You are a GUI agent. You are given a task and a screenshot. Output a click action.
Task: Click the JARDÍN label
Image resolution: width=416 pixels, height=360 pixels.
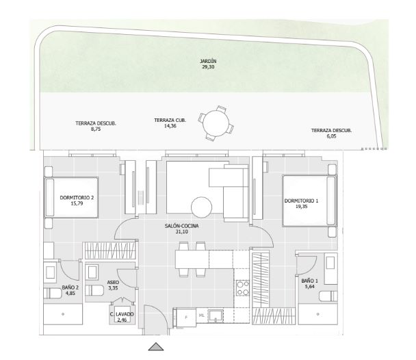(208, 62)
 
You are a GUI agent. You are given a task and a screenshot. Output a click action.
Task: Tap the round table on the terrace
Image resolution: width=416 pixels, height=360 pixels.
(216, 123)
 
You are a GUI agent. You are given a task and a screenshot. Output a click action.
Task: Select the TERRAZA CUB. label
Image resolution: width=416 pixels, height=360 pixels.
(170, 120)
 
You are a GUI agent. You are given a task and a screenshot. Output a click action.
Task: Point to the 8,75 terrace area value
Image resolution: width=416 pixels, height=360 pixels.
(96, 129)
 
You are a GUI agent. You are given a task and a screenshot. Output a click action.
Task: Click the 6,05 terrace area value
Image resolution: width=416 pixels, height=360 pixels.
(331, 136)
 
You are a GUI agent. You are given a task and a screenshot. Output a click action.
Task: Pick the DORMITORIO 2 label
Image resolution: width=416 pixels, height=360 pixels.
(77, 198)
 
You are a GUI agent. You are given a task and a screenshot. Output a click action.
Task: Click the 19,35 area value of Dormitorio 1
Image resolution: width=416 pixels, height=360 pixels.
(301, 207)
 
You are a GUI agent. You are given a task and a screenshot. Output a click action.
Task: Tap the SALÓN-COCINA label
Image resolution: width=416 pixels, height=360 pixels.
(182, 226)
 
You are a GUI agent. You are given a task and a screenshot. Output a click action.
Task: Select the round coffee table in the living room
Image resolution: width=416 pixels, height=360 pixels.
(202, 207)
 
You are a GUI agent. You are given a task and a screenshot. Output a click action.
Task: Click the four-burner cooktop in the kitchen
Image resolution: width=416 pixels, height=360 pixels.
(243, 288)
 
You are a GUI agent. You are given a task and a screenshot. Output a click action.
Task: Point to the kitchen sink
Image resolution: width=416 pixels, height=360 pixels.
(216, 316)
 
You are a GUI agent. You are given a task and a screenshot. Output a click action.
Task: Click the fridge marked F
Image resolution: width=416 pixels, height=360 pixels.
(185, 318)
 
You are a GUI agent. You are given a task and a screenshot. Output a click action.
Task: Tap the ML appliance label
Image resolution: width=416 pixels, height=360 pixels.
(202, 316)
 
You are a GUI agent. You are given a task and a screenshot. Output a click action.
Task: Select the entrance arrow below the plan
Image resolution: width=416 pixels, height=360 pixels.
(156, 346)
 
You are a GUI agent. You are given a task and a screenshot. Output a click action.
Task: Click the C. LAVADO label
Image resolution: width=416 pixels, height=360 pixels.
(122, 314)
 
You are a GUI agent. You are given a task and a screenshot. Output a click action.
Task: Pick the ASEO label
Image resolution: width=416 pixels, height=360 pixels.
(113, 282)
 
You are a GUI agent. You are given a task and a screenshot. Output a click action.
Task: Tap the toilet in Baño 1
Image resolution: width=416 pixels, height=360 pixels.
(328, 296)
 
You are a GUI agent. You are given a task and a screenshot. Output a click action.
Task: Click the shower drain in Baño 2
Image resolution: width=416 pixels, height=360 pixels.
(63, 314)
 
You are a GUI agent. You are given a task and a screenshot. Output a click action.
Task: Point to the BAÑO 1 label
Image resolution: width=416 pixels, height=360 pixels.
(309, 281)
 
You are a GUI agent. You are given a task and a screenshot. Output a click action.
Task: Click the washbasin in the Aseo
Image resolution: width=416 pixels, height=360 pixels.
(92, 272)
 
